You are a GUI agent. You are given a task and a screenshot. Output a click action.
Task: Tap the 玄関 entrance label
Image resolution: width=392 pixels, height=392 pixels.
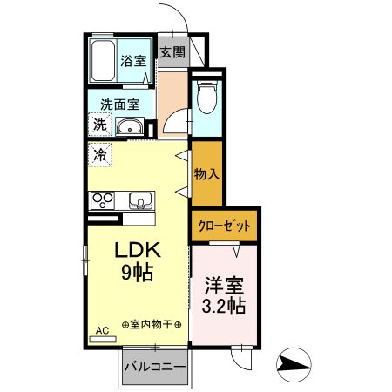pyautogui.click(x=172, y=51)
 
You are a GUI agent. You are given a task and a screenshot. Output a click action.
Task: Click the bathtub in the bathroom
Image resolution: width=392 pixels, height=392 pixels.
pyautogui.click(x=105, y=61)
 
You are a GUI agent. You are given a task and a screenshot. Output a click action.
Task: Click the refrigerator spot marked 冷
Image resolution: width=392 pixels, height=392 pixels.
pyautogui.click(x=100, y=155)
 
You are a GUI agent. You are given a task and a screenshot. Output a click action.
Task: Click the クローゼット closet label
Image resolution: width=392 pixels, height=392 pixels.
pyautogui.click(x=224, y=226)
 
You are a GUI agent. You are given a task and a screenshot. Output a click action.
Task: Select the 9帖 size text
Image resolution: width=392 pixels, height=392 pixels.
pyautogui.click(x=137, y=274)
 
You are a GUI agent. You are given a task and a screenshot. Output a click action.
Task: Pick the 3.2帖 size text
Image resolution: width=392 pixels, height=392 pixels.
pyautogui.click(x=224, y=307)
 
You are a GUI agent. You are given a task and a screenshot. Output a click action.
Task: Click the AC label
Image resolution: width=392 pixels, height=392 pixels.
pyautogui.click(x=101, y=330)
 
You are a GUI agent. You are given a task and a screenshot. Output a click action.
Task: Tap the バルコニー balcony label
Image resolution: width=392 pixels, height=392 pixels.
pyautogui.click(x=154, y=367)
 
